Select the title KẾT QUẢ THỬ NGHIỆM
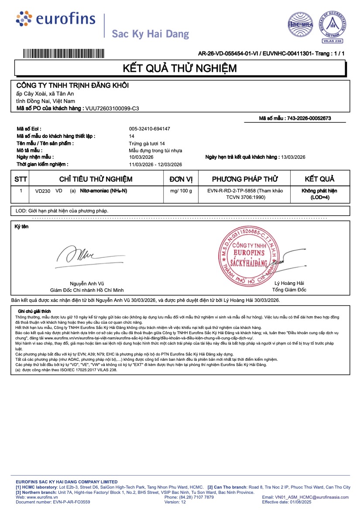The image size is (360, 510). coord(180,68)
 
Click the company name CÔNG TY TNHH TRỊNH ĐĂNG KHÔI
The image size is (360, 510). coord(72,86)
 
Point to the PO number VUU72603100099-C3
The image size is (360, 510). coord(112,108)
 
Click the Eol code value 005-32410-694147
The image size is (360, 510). coord(150,129)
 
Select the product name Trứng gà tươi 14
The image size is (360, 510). coord(147,143)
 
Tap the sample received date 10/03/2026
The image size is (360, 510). coord(141,157)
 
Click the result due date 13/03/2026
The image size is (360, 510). coord(293,157)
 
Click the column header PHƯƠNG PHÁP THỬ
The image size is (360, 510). coord(245,179)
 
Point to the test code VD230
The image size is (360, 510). coord(43,191)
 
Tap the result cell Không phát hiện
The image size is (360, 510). coord(319,191)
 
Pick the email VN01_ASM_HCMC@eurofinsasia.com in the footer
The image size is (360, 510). coord(305,497)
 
